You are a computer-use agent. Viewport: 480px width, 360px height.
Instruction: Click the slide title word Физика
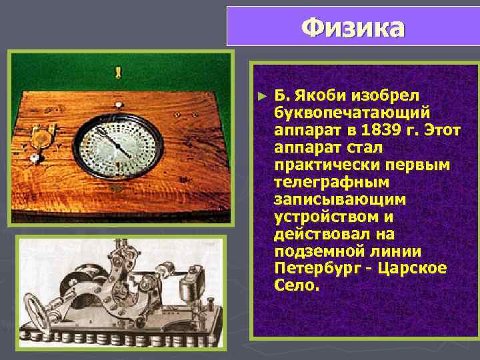coord(353,27)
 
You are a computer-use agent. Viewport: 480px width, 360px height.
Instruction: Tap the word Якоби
coord(314,95)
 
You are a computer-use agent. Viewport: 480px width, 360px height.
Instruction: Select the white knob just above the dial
coord(118,104)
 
